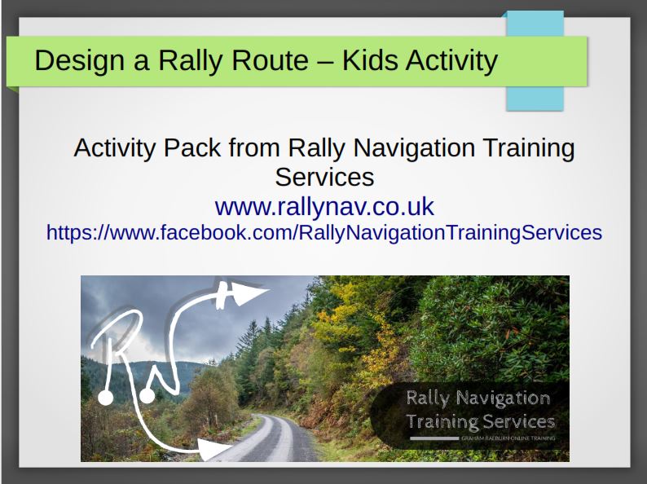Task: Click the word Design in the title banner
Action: pyautogui.click(x=76, y=60)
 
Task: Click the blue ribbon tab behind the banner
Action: pyautogui.click(x=534, y=96)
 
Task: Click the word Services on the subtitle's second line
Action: pyautogui.click(x=324, y=176)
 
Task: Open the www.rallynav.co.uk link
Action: pyautogui.click(x=324, y=205)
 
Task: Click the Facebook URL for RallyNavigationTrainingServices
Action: pyautogui.click(x=324, y=232)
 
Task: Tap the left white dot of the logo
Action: pyautogui.click(x=105, y=398)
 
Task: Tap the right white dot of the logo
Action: pyautogui.click(x=147, y=396)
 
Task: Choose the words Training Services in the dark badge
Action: pyautogui.click(x=481, y=422)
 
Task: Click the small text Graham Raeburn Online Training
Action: pyautogui.click(x=508, y=439)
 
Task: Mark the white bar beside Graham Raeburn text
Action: pyautogui.click(x=434, y=439)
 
